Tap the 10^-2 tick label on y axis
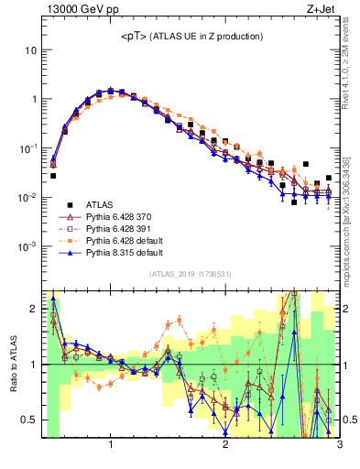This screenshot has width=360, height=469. [27, 198]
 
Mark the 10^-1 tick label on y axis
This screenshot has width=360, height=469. [27, 148]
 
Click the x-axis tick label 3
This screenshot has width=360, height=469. [339, 446]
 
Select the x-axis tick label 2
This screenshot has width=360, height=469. [225, 446]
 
